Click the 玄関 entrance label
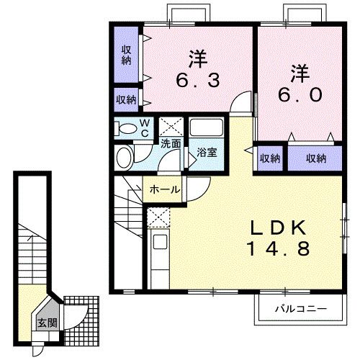(x=48, y=323)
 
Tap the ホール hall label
(x=165, y=190)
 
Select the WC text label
(x=145, y=128)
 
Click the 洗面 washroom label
(x=171, y=144)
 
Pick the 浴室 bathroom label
(x=207, y=153)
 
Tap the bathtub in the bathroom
(x=206, y=127)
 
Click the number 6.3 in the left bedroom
(x=198, y=81)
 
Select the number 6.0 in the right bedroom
(x=300, y=94)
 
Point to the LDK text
(x=279, y=228)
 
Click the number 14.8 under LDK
(x=279, y=248)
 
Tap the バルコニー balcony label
(x=301, y=309)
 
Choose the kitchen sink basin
(x=160, y=242)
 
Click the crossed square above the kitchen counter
(x=158, y=217)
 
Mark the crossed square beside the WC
(x=171, y=127)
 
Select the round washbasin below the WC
(x=125, y=158)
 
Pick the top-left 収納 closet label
(x=126, y=55)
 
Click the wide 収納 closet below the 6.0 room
(x=315, y=158)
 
